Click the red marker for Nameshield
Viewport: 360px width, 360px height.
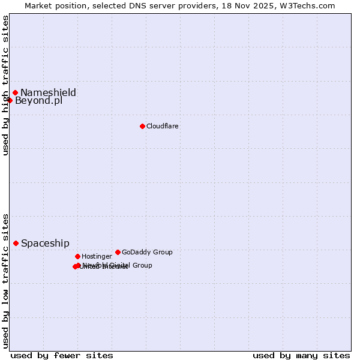click(x=16, y=92)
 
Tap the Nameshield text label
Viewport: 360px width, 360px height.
click(x=48, y=92)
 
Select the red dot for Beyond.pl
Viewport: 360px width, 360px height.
click(x=10, y=100)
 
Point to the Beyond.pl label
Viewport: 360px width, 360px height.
click(x=38, y=101)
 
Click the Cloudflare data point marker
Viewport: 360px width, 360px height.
click(x=142, y=126)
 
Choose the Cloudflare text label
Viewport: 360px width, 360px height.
click(x=162, y=126)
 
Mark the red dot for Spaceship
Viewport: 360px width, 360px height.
click(x=16, y=243)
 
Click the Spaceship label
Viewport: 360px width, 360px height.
click(x=45, y=243)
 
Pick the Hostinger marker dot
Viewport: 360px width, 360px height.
click(x=77, y=256)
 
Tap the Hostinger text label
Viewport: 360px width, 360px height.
click(x=97, y=256)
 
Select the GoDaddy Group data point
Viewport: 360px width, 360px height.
click(x=118, y=252)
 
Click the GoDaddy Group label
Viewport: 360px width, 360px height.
click(x=147, y=252)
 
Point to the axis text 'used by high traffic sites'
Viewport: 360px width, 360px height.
click(x=5, y=85)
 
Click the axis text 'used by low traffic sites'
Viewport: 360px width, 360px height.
click(x=5, y=280)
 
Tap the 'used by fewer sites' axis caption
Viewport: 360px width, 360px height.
click(x=62, y=355)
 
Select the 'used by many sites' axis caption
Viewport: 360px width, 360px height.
click(x=301, y=355)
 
